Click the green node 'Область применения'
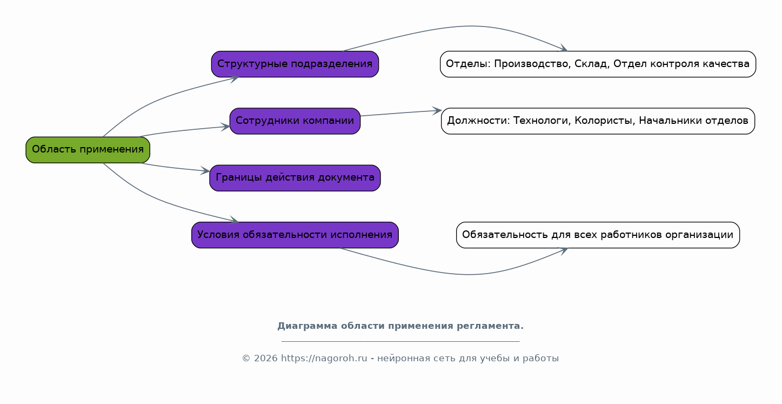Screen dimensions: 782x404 pos(88,150)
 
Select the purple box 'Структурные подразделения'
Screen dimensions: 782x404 pos(295,64)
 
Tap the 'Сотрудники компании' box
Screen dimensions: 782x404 pos(295,121)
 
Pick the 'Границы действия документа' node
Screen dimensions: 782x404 pos(295,178)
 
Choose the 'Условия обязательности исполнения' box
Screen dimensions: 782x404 pos(295,235)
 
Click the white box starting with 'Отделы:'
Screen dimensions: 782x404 pos(598,64)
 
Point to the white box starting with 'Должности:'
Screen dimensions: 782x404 pos(598,121)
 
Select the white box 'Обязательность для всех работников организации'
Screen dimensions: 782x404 pos(598,235)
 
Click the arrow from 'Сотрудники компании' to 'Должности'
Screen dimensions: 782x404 pos(401,113)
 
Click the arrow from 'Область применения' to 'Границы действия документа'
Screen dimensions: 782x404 pos(175,168)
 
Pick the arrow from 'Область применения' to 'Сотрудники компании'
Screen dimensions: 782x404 pos(184,130)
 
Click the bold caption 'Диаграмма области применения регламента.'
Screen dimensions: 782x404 pos(400,326)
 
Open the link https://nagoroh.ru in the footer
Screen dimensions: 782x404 pos(324,359)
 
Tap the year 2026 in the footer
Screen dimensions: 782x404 pos(266,359)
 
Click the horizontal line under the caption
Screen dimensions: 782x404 pos(400,341)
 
